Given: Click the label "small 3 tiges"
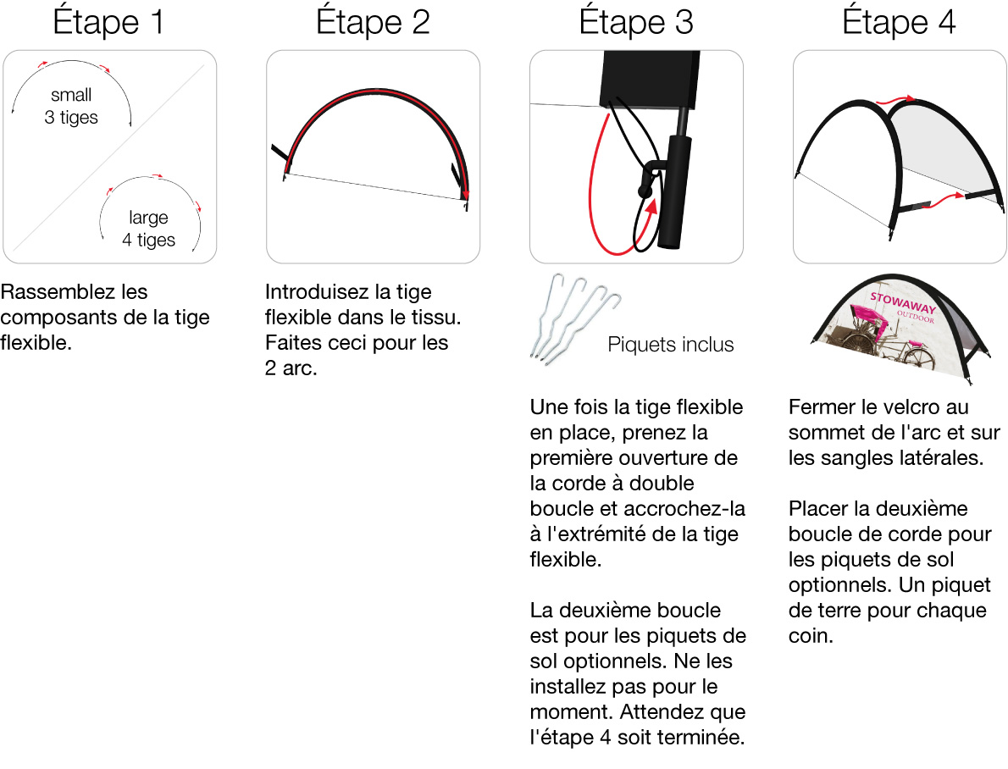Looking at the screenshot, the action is (71, 106).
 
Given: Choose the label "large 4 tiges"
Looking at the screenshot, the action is (148, 229).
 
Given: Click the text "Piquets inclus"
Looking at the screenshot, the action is (671, 345).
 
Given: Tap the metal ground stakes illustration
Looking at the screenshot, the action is (573, 318).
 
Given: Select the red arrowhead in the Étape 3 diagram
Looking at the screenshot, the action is (652, 207).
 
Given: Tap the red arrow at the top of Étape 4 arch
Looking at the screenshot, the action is (894, 100).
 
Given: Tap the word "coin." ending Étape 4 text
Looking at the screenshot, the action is (811, 636).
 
